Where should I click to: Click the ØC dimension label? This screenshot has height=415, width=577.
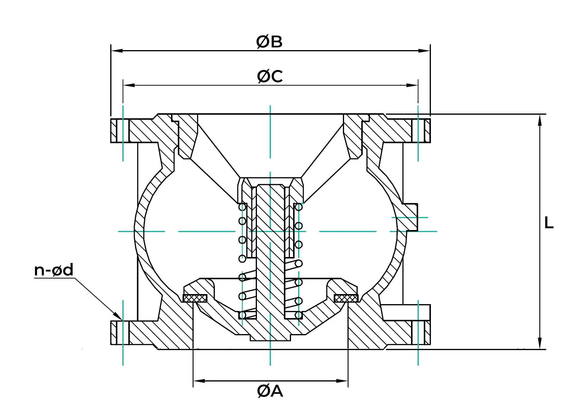click(x=270, y=76)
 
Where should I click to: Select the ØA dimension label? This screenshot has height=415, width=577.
click(x=270, y=391)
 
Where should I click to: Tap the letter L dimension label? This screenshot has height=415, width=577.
click(x=549, y=223)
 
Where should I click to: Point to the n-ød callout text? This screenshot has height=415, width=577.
click(x=54, y=270)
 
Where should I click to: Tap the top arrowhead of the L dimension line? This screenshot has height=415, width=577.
click(x=540, y=120)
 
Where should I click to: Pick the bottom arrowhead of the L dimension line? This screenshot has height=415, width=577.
click(x=540, y=344)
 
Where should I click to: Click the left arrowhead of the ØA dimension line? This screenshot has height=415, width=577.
click(x=199, y=381)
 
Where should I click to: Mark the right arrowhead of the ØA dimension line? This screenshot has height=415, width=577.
click(x=342, y=381)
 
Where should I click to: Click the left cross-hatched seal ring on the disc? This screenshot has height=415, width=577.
click(x=195, y=298)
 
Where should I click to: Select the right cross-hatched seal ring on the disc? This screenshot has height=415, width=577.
click(x=346, y=298)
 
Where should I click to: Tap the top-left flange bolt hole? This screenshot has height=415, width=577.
click(x=123, y=130)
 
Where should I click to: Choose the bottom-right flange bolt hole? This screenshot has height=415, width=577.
click(x=418, y=333)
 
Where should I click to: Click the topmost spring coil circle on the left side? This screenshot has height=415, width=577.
click(x=242, y=207)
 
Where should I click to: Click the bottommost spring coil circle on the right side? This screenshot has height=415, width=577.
click(x=298, y=315)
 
